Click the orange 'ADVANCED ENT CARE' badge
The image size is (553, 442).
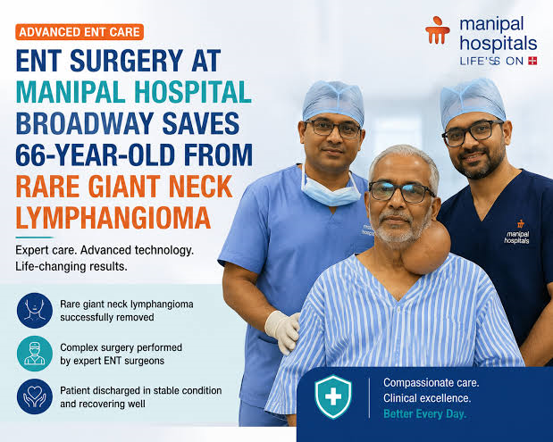[x=80, y=32]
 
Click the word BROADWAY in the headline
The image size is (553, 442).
[x=85, y=123]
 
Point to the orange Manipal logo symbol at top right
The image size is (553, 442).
[x=438, y=30]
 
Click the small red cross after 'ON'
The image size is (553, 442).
[x=532, y=61]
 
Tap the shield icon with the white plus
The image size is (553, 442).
[x=333, y=396]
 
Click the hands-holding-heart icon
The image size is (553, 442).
[x=35, y=396]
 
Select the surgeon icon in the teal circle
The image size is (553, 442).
[x=35, y=354]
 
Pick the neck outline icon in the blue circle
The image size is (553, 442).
[x=35, y=311]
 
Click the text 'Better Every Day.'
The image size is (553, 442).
[x=424, y=413]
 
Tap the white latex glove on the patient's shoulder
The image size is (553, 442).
[x=283, y=331]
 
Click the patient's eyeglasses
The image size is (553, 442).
[x=401, y=192]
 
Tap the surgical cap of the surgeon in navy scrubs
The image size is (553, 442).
[x=472, y=100]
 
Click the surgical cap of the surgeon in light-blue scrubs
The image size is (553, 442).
[x=333, y=100]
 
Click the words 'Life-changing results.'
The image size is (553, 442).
[x=71, y=266]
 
